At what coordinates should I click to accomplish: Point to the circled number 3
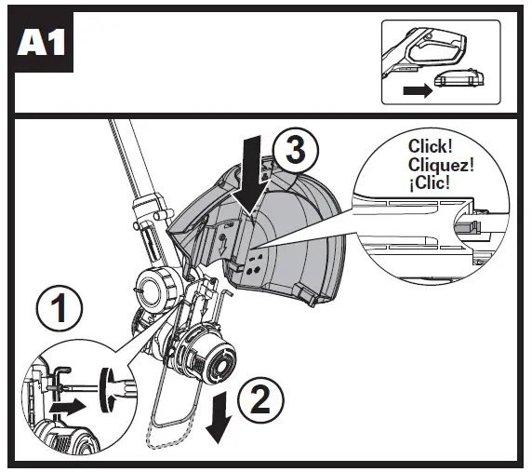coord(294,150)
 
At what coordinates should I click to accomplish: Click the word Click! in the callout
coord(430,147)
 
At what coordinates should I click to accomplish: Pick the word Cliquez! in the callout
coord(439,164)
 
